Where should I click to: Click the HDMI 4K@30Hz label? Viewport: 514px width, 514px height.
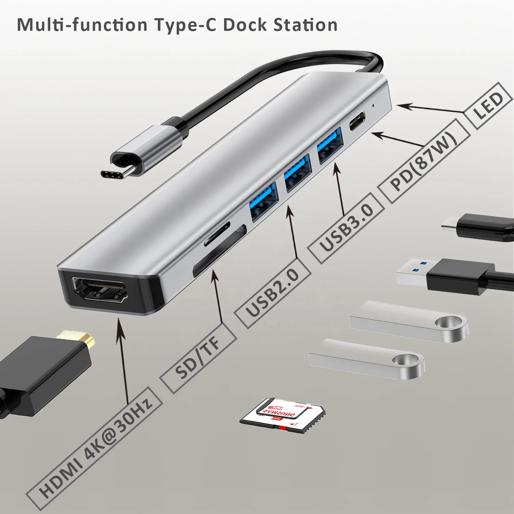coord(94,449)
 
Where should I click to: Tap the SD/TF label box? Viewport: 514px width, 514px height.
coord(198,358)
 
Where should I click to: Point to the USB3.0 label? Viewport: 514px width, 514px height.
coord(346,228)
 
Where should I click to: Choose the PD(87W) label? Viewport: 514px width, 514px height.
coord(424,161)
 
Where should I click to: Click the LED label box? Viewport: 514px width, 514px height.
coord(488,106)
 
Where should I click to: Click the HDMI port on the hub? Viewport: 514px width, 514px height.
coord(99,290)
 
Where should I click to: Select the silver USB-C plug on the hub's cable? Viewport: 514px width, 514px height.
coord(144,151)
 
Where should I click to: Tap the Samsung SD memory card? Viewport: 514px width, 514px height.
coord(283,416)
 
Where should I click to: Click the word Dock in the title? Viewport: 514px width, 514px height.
coord(244,25)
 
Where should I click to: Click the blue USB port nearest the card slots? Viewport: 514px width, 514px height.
coord(263,202)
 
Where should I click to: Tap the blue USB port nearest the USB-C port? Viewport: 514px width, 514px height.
coord(330,146)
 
